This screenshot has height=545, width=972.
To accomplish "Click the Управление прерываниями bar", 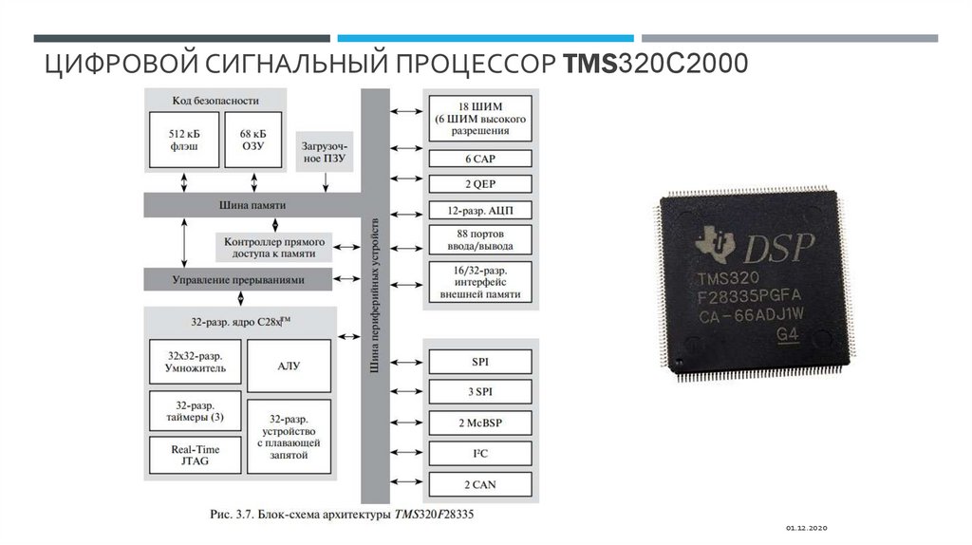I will pos(238,279).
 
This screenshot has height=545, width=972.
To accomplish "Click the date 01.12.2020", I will pos(808,527).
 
